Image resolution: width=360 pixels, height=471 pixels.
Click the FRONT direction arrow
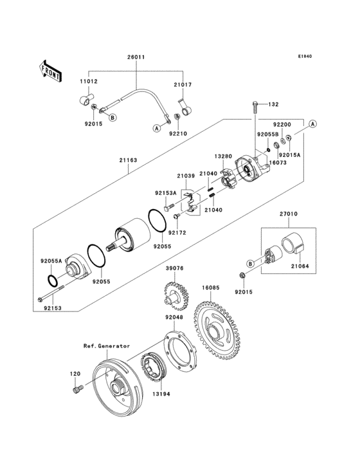[51, 69]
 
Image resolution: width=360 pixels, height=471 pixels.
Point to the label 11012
[89, 82]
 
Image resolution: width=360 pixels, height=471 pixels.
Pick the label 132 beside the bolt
[273, 104]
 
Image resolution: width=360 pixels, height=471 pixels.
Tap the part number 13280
[223, 156]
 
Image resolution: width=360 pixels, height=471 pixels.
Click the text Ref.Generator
[106, 346]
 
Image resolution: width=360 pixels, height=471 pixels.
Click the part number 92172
[177, 232]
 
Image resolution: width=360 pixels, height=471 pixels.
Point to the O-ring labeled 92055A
[55, 281]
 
